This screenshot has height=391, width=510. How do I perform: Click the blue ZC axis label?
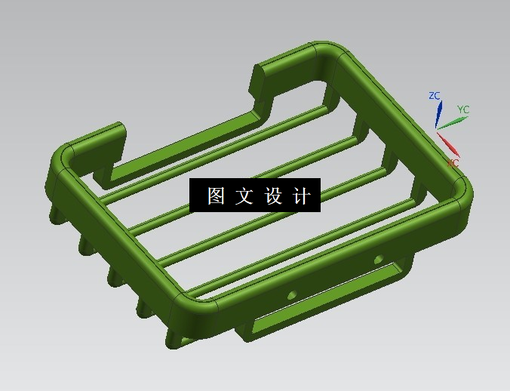[x=434, y=96]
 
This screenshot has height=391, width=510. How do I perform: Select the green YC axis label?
[x=463, y=109]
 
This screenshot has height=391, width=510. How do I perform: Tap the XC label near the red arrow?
[x=453, y=163]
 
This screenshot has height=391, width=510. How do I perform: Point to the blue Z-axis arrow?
[x=438, y=114]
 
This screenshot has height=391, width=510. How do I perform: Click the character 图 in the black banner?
[x=216, y=196]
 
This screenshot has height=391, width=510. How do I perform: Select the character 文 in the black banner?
[x=242, y=196]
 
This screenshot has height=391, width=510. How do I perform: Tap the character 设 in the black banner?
[x=272, y=196]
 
